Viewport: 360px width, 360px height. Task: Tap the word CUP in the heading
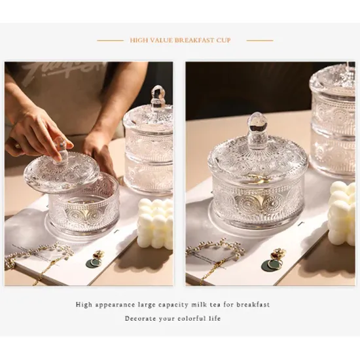pyautogui.click(x=223, y=41)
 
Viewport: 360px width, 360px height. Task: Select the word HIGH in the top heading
pyautogui.click(x=138, y=41)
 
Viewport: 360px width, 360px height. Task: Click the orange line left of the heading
pyautogui.click(x=109, y=41)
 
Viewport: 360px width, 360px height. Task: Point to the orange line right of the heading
pyautogui.click(x=259, y=41)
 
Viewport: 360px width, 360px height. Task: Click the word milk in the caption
pyautogui.click(x=196, y=304)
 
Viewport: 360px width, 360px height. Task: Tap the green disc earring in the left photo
pyautogui.click(x=93, y=263)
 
